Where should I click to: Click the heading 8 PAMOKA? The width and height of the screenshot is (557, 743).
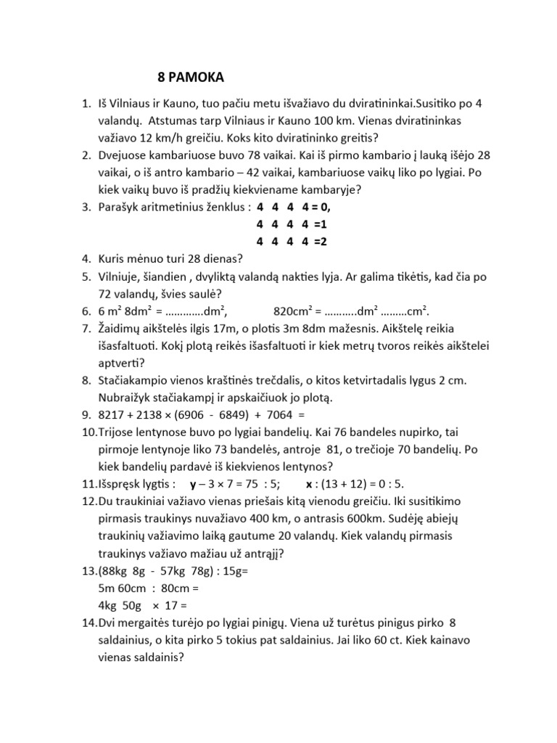coord(191,77)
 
